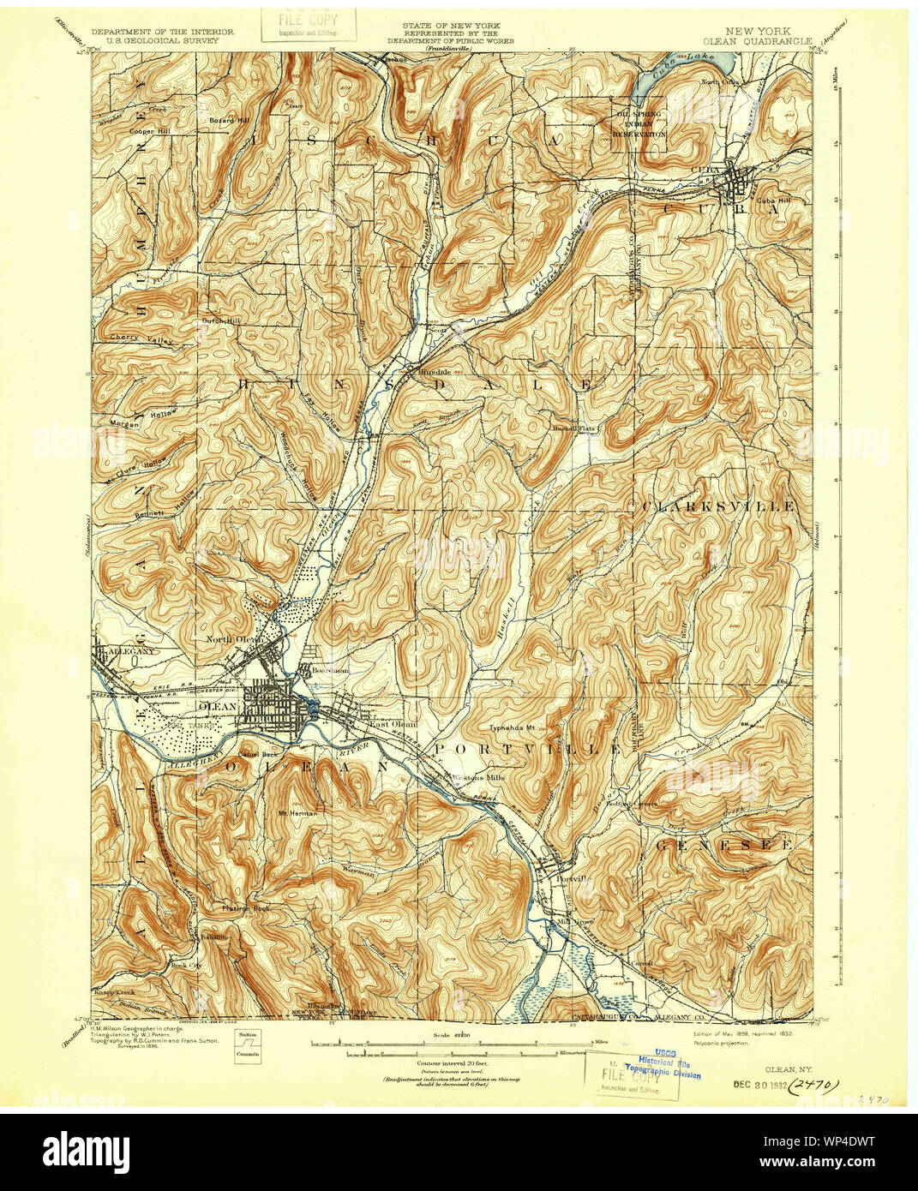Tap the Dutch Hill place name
click(221, 320)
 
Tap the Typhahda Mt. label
click(512, 728)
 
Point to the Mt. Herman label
click(297, 812)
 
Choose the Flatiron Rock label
click(246, 907)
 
